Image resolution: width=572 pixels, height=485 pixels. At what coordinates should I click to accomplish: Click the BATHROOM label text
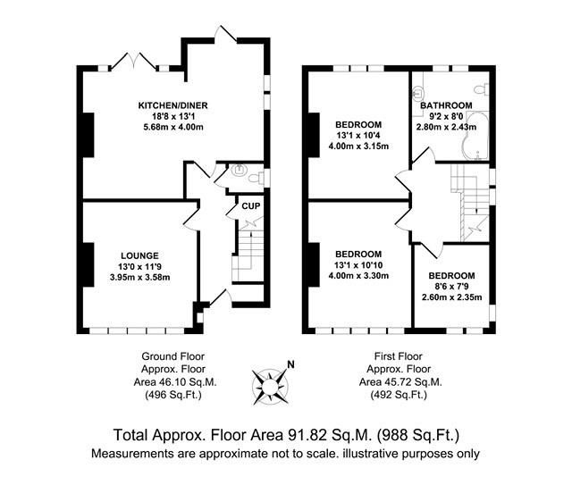point(447,105)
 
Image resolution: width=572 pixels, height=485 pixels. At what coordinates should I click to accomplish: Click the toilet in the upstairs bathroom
point(481,90)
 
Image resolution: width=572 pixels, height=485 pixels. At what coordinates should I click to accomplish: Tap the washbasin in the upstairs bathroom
point(418,90)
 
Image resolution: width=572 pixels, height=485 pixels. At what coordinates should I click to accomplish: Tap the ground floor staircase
point(247,255)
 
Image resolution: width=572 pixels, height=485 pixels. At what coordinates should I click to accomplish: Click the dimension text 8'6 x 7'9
point(451,288)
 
